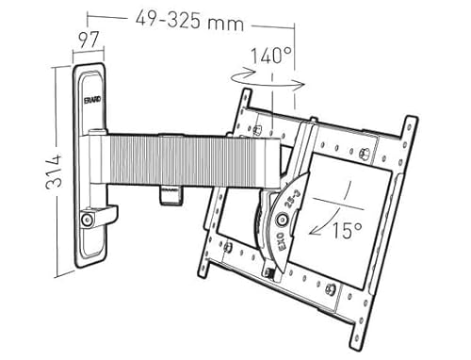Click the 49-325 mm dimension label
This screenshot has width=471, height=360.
pos(187,17)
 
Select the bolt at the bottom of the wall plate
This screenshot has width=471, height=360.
pos(88,219)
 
